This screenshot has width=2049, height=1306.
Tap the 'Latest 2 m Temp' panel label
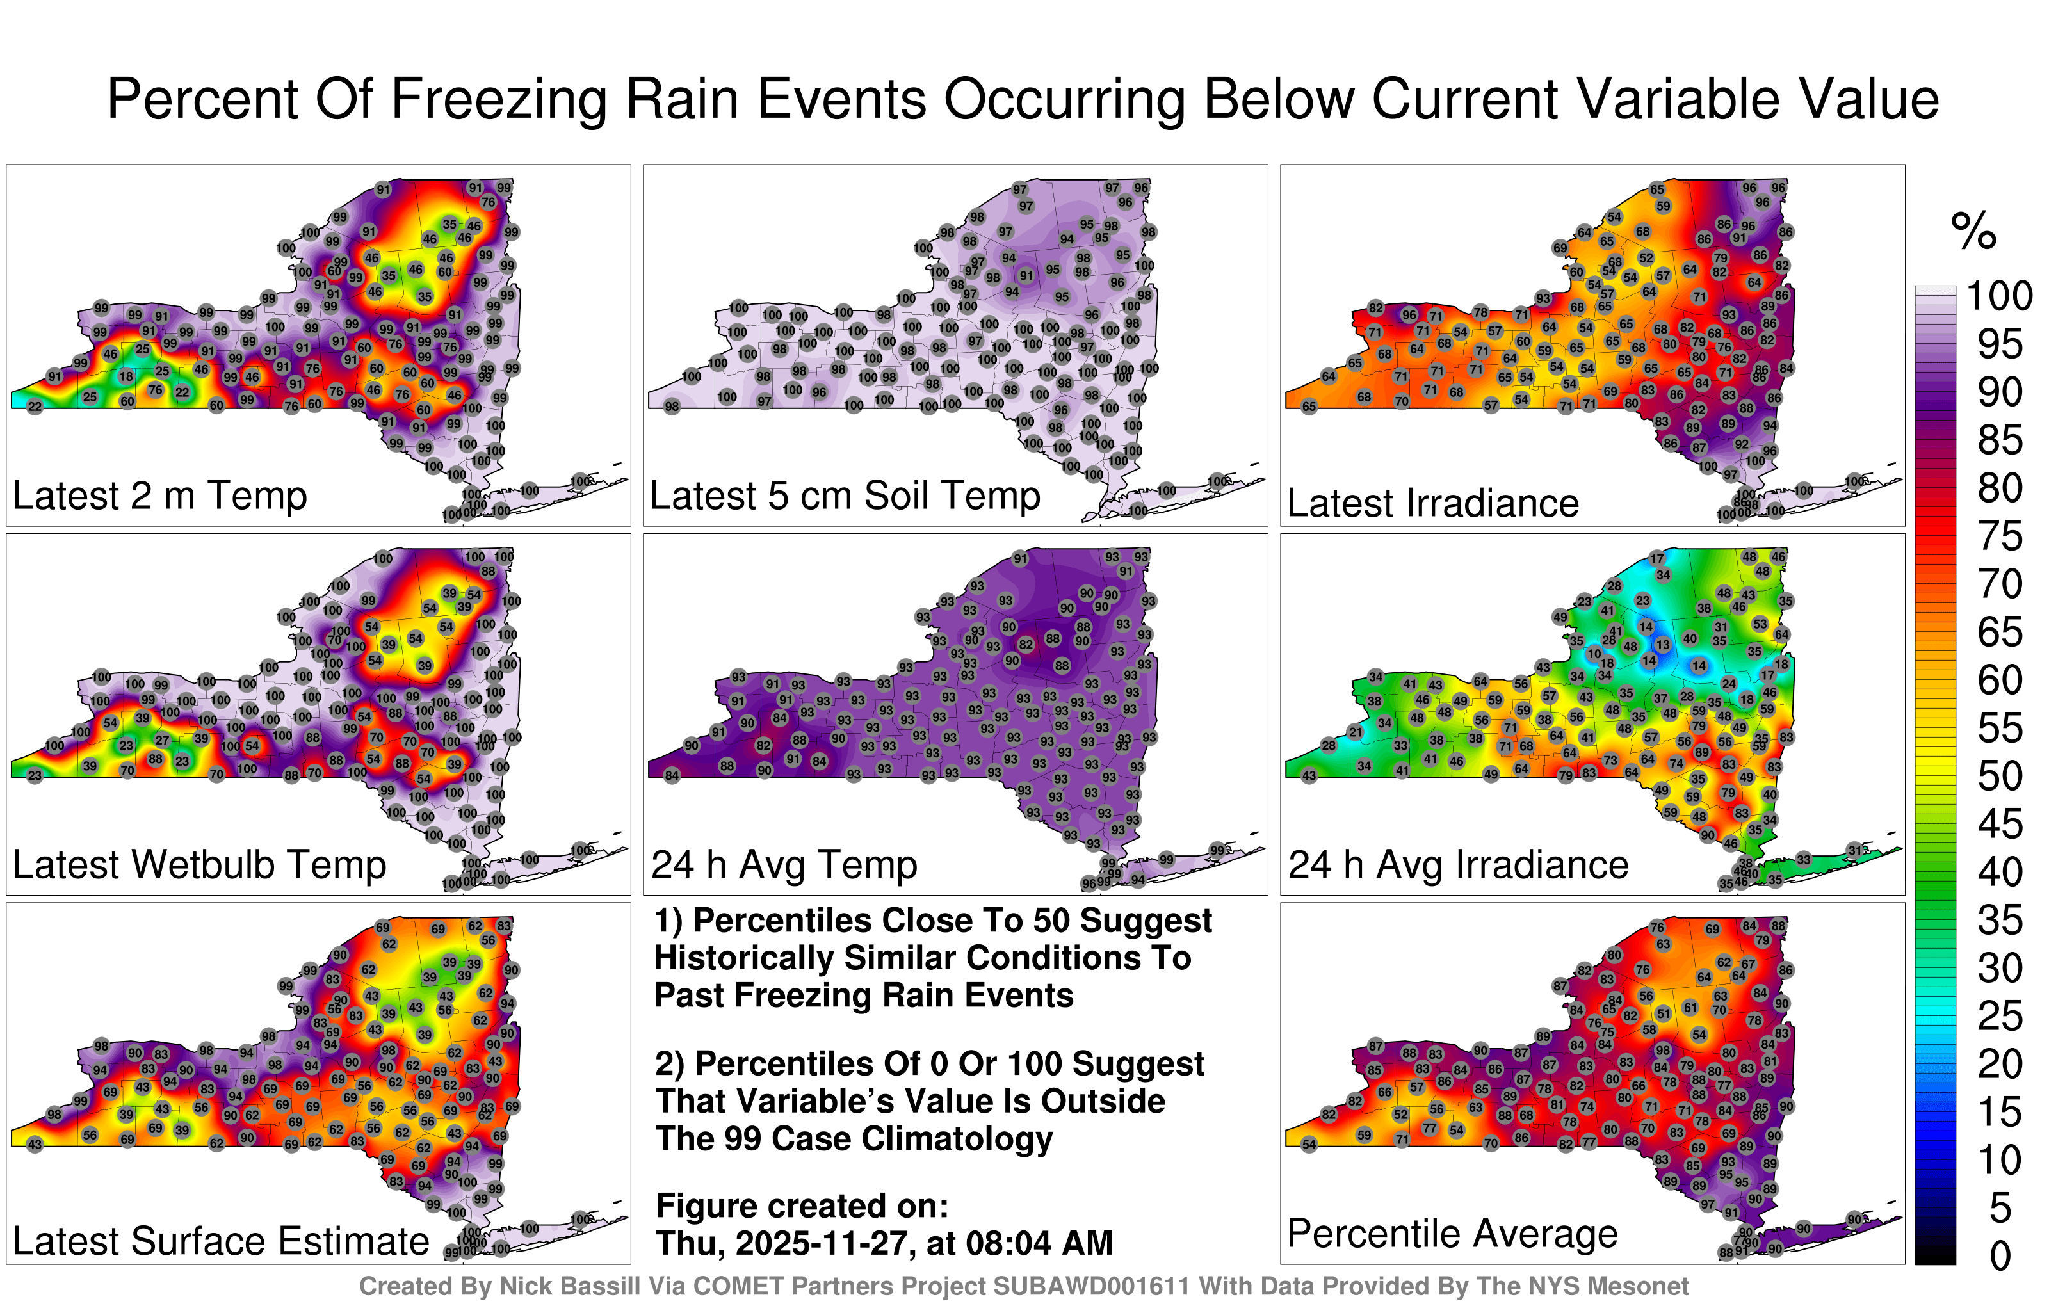(x=159, y=496)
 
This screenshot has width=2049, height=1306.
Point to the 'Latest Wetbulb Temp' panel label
(x=199, y=866)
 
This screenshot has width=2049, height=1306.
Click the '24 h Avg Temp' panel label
(x=784, y=866)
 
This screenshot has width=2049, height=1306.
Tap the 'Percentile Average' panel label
(x=1452, y=1234)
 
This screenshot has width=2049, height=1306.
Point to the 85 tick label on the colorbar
(x=2000, y=440)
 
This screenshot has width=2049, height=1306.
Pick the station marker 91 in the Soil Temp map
(x=1026, y=276)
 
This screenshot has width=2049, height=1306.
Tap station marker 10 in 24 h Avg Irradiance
(x=1593, y=654)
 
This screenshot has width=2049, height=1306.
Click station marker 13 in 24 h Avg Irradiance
(x=1662, y=645)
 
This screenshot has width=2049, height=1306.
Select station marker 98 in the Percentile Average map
(x=1661, y=1051)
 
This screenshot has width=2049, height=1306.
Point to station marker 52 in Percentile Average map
(x=1400, y=1115)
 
